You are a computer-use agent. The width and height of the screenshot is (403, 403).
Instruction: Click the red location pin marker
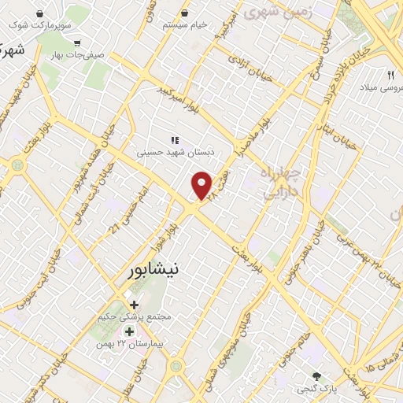(x=202, y=186)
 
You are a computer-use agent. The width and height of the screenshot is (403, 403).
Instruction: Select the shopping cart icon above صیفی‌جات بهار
(x=77, y=44)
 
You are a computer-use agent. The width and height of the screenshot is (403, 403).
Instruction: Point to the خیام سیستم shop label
(x=185, y=25)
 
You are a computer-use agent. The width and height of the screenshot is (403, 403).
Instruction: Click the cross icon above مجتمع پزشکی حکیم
(x=134, y=305)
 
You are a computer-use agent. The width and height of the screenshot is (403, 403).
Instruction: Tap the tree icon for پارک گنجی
(x=316, y=376)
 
